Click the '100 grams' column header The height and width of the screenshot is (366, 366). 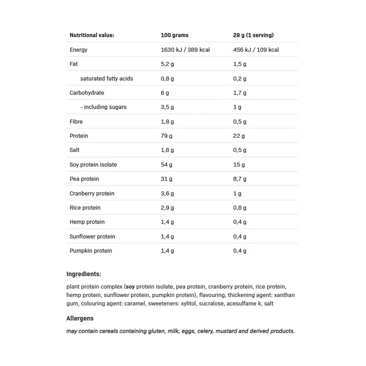[175, 36]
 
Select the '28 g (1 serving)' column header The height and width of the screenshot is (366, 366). [253, 36]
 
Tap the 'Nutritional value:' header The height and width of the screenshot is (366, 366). [92, 36]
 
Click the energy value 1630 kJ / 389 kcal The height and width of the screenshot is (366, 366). [185, 50]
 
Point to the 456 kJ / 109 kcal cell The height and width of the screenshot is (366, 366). [256, 50]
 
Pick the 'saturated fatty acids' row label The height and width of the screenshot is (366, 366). [107, 79]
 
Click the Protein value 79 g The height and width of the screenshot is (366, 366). [167, 136]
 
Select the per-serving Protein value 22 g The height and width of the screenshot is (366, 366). [239, 136]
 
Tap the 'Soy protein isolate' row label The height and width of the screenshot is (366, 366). [93, 165]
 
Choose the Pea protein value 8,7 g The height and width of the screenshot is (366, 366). [240, 179]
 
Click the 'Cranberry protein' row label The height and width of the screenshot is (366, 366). [92, 194]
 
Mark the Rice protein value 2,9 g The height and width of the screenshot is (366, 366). [167, 208]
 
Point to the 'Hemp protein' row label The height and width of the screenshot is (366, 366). [87, 222]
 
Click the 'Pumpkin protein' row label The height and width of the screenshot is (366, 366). [91, 251]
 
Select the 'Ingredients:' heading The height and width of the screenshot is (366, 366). [84, 274]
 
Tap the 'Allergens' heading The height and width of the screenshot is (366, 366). [80, 318]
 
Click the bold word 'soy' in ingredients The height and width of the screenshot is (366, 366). [130, 287]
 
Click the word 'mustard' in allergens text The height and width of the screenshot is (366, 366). [226, 331]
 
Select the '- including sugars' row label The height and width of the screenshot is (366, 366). [103, 107]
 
